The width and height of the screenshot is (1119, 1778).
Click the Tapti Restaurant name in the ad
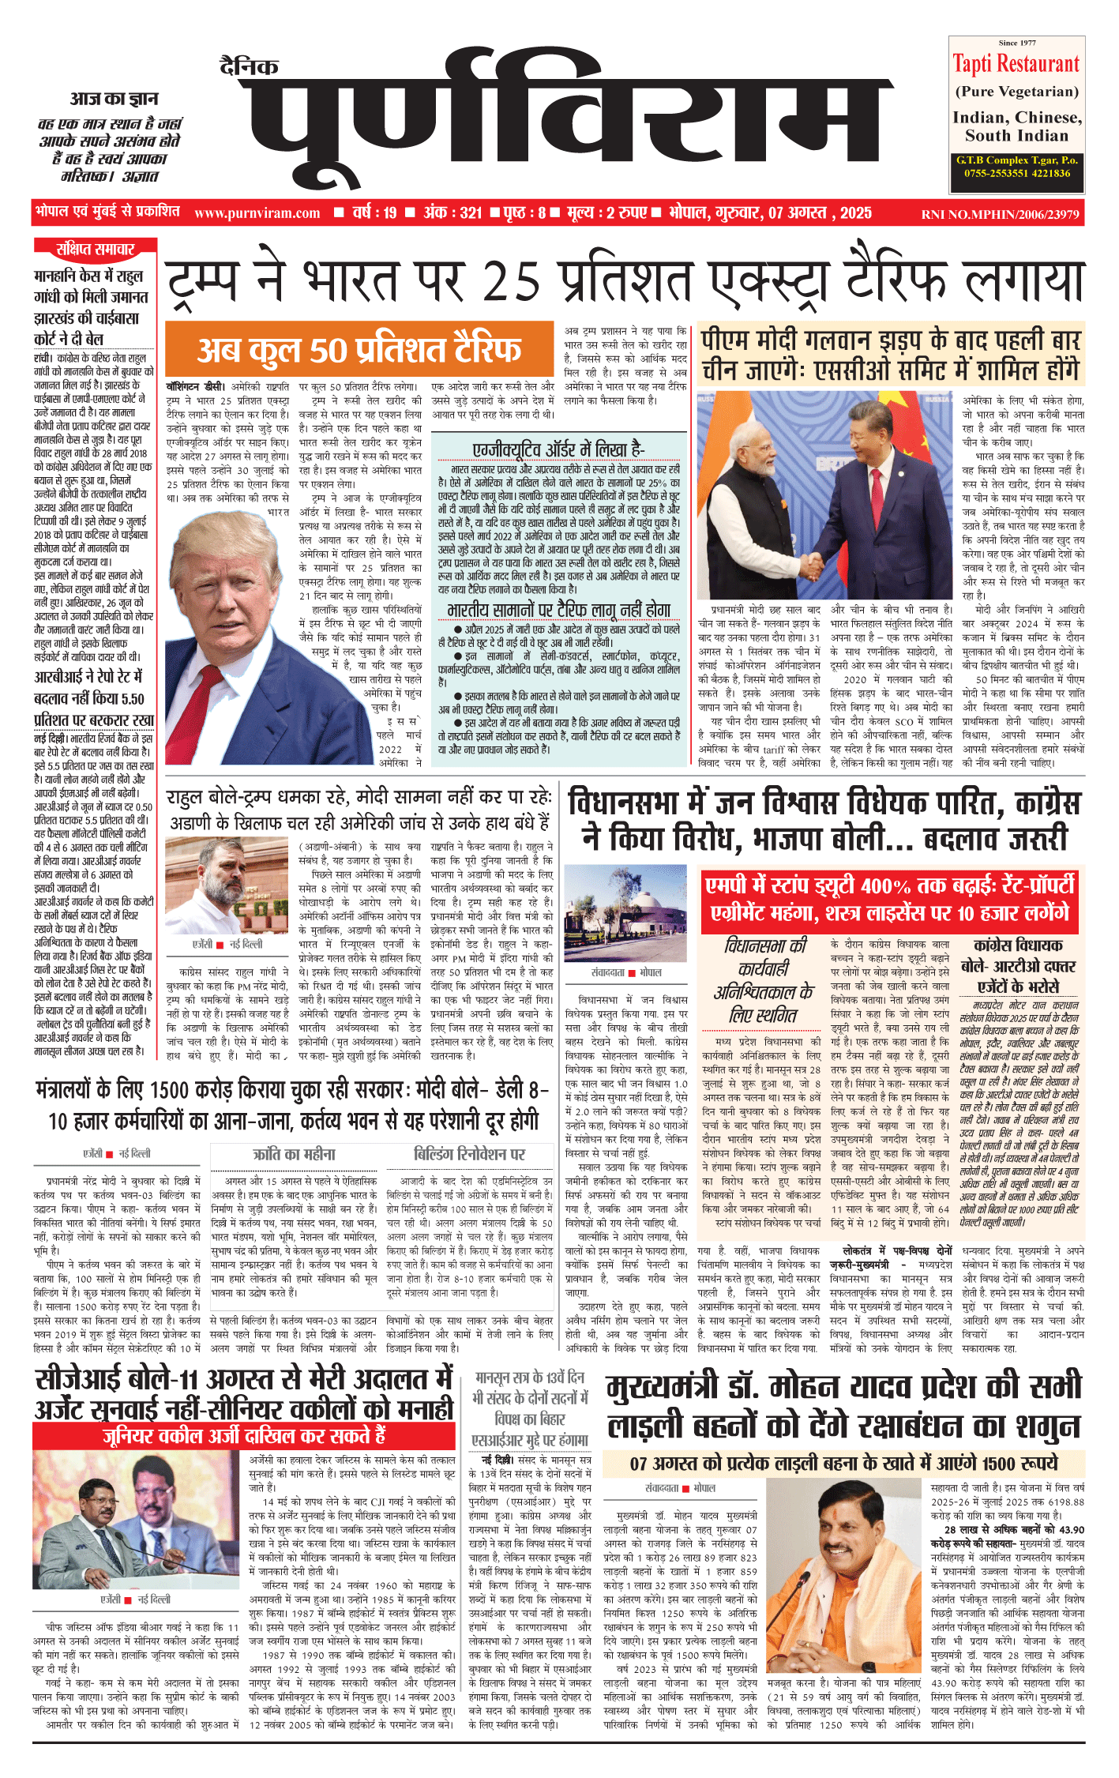[x=1016, y=64]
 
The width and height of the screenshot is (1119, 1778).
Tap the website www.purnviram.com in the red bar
[x=257, y=212]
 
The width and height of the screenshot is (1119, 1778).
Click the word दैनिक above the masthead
[x=250, y=66]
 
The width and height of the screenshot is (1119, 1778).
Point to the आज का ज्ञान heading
[x=114, y=99]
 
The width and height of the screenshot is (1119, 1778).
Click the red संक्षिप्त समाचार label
[x=95, y=250]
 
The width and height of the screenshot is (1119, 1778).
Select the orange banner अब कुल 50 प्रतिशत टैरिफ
[x=359, y=348]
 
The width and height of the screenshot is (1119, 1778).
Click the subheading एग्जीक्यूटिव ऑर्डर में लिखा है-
[x=558, y=449]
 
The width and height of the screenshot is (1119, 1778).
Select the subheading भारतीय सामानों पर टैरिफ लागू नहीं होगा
[x=558, y=610]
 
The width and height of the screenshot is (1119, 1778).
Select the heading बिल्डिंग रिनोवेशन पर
[x=469, y=1154]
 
